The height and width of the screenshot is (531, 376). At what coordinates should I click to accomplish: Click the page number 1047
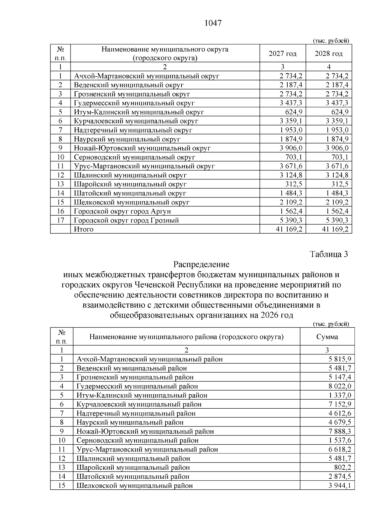pos(213,23)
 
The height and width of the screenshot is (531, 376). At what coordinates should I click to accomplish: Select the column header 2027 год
pos(282,54)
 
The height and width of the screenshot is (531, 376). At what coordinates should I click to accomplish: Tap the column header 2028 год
pos(329,54)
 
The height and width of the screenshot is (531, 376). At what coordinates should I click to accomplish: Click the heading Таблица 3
pos(329,254)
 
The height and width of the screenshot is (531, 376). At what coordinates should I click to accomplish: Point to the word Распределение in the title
pos(201,264)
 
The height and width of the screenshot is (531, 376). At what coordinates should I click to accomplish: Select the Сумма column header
pos(327,337)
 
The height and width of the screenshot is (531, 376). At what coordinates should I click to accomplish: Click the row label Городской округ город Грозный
pos(126,220)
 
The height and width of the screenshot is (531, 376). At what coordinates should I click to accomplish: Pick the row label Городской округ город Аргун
pos(122,211)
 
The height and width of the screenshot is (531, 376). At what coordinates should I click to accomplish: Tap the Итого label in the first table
pos(84,229)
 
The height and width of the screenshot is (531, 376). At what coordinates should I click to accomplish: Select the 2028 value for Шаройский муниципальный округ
pos(340,184)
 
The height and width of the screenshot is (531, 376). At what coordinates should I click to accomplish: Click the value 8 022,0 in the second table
pos(340,386)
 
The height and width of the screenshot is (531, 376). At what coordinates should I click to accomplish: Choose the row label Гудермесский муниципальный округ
pos(134,103)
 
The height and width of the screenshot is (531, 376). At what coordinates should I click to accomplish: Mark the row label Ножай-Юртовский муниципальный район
pos(145,431)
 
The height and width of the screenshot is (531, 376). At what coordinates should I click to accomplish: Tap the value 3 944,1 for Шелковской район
pos(340,486)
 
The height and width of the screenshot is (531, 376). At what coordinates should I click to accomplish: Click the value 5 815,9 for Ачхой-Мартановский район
pos(340,359)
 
